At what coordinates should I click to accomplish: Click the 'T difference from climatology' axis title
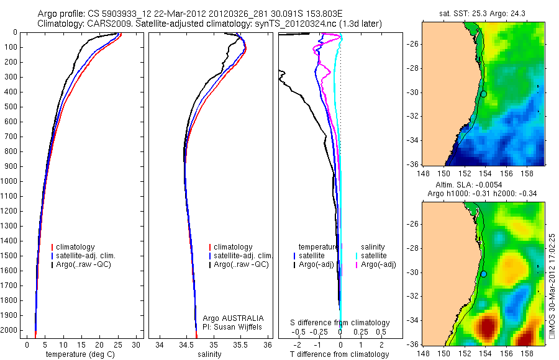pos(340,354)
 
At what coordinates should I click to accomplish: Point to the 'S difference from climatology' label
pos(340,323)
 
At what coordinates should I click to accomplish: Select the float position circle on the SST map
pos(484,94)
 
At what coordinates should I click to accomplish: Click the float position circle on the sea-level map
pos(484,274)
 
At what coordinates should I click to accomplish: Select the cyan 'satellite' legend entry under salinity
pos(373,256)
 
